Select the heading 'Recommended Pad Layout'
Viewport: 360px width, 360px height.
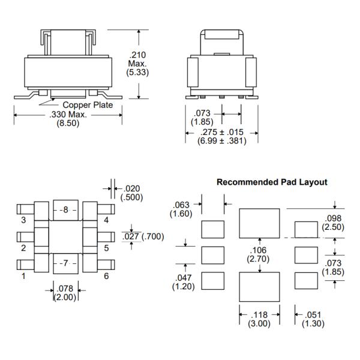click(272, 182)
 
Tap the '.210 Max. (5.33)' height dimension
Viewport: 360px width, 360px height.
click(138, 63)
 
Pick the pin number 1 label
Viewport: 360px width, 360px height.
click(23, 277)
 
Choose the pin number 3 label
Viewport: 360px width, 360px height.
click(23, 220)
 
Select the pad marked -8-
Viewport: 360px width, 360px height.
click(66, 209)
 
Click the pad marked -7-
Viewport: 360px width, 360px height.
click(66, 263)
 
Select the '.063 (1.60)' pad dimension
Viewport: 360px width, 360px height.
click(182, 209)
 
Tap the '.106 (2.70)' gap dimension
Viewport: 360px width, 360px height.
click(259, 254)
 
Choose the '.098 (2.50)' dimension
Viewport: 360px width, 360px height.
click(333, 223)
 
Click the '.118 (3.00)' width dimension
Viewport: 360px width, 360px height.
click(259, 319)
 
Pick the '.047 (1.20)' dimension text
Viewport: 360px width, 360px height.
click(182, 283)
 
